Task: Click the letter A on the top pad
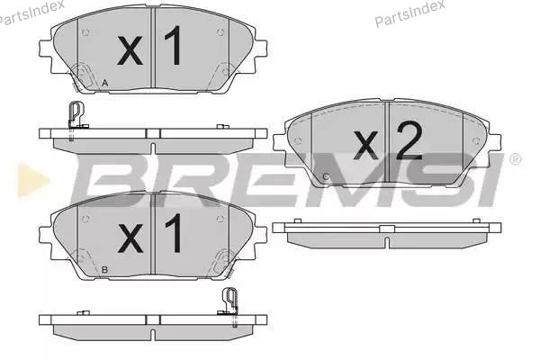coord(105,83)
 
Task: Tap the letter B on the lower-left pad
coord(105,270)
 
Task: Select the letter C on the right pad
coord(326,176)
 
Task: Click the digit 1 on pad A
coord(174,45)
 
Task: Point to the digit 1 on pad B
coord(175,233)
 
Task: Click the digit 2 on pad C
coord(409,140)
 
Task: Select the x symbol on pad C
coord(365,146)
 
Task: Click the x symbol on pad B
coord(130,238)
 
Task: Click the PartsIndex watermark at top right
coord(409,13)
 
